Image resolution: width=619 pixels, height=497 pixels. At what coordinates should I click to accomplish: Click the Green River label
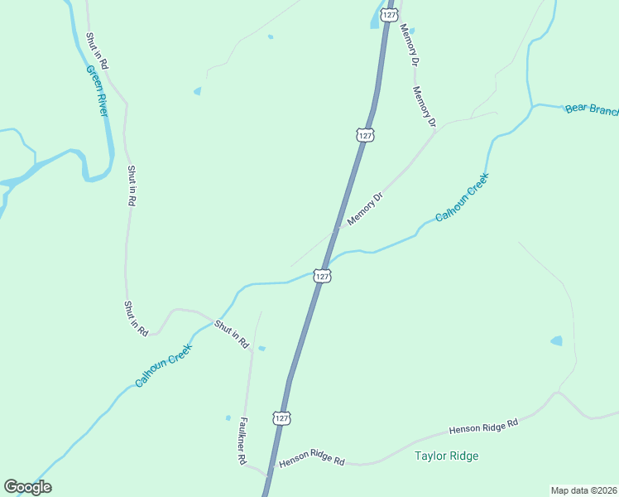tap(98, 92)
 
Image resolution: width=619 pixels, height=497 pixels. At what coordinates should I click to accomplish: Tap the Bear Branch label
tap(591, 110)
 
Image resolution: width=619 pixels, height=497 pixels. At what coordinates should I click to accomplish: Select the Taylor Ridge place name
tap(447, 456)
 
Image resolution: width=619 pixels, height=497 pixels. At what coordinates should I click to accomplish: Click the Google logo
tap(27, 487)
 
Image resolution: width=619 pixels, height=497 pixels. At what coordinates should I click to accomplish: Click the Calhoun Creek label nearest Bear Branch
tap(463, 195)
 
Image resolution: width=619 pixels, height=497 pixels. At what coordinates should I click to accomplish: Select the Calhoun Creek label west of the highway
tap(164, 366)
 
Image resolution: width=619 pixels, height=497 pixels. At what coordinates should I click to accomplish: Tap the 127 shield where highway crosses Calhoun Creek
tap(323, 276)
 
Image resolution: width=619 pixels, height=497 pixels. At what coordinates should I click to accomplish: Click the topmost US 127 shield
tap(389, 16)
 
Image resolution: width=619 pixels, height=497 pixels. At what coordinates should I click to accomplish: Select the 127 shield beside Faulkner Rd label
tap(281, 417)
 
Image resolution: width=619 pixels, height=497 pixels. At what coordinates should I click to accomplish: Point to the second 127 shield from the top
tap(365, 134)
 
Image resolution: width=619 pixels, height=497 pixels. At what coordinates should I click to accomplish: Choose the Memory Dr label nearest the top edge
tap(410, 41)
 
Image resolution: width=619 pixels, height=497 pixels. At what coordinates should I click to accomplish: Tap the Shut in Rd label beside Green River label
tap(96, 51)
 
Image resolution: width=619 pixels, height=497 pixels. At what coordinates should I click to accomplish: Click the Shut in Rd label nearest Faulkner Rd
tap(232, 333)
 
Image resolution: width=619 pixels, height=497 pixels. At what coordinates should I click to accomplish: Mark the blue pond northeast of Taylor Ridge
tap(556, 340)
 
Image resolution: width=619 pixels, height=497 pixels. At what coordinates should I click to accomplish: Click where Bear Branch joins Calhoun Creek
tap(531, 107)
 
